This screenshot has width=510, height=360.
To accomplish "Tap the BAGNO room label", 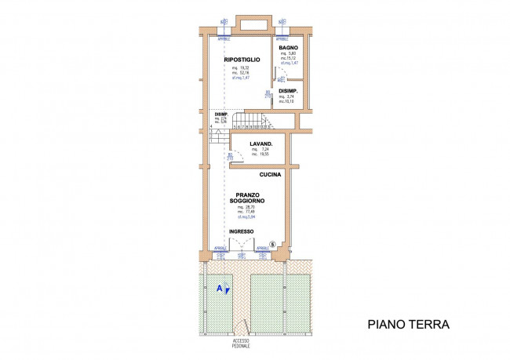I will tap(288, 48).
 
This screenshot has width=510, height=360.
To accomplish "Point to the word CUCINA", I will tap(271, 175).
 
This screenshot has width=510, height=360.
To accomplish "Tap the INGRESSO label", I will tap(241, 231).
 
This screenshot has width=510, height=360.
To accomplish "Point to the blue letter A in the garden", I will tap(219, 288).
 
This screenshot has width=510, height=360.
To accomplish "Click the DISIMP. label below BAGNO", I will tap(288, 90).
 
